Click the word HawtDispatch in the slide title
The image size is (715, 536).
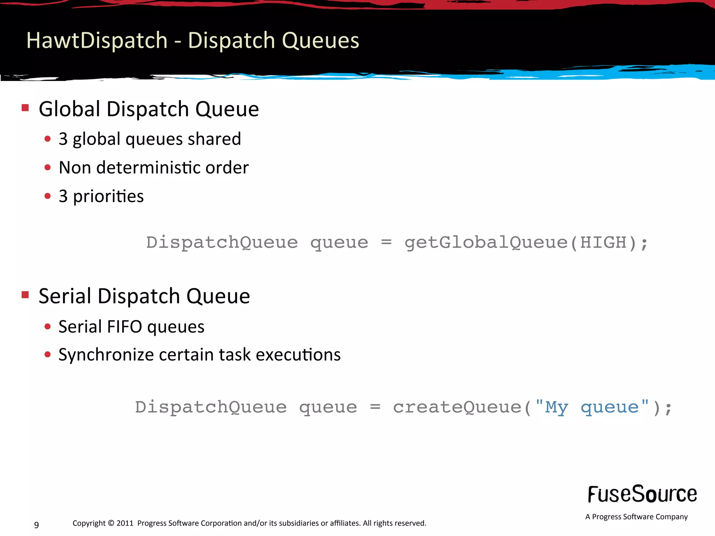[97, 40]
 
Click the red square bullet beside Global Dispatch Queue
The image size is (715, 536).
[25, 107]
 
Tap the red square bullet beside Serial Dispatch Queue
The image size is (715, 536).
[25, 295]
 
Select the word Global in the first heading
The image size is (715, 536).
[70, 109]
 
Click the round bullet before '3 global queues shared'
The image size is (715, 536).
[48, 139]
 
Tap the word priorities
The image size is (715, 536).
[108, 196]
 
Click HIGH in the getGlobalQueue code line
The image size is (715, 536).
[603, 242]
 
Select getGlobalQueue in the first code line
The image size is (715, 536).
[486, 242]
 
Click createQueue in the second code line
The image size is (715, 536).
[457, 407]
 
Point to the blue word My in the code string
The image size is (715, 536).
[556, 407]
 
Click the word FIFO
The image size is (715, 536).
[125, 327]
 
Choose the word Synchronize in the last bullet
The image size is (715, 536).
[106, 355]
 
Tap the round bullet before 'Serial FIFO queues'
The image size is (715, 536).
[48, 327]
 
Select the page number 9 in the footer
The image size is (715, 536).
[37, 524]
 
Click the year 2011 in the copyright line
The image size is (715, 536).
[125, 523]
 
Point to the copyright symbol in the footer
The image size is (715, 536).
[111, 523]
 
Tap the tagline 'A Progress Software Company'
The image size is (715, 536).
[636, 516]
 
